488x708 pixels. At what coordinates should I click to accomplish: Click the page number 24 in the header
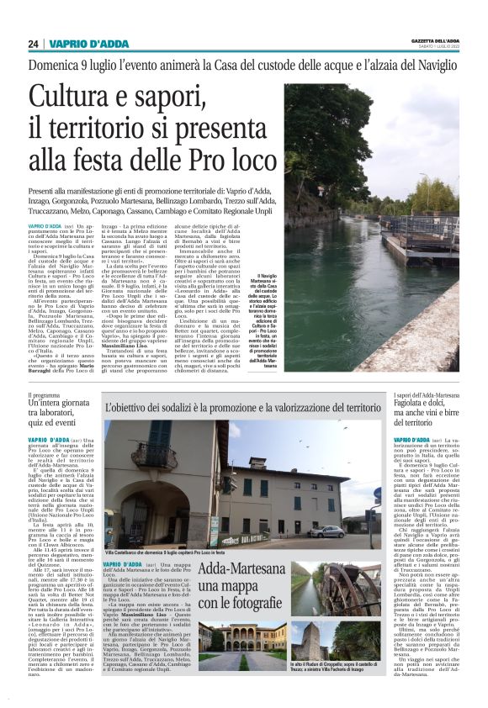[34, 44]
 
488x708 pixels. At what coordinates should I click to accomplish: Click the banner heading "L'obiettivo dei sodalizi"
[243, 408]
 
